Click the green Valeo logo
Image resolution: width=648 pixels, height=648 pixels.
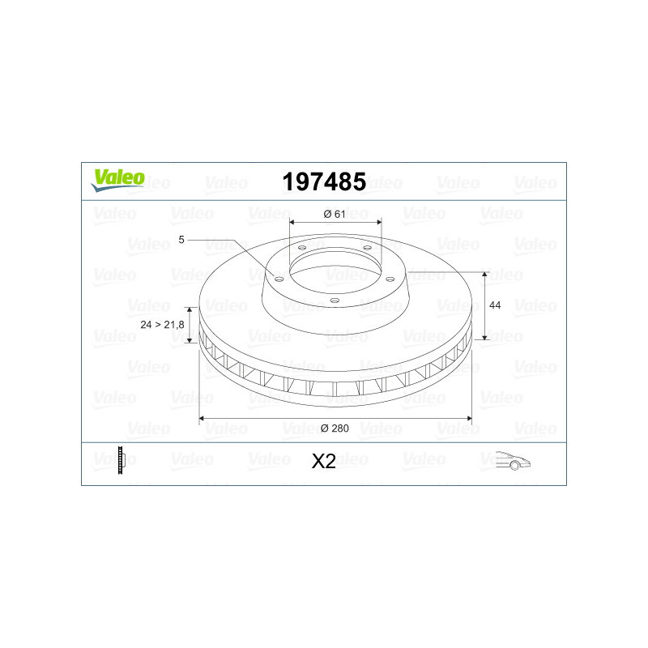tap(117, 180)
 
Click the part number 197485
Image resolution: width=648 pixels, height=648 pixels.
tap(324, 181)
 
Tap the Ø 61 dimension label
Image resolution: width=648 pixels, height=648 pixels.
tap(335, 214)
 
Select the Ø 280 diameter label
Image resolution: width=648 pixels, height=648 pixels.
tap(335, 428)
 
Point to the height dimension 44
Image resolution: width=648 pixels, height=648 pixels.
tap(495, 305)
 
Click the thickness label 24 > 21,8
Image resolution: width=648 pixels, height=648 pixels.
tap(162, 325)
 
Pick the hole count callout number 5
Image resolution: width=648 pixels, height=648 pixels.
tap(181, 240)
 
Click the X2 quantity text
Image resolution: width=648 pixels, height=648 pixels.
tap(323, 461)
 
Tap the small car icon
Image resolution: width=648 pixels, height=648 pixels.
tap(513, 460)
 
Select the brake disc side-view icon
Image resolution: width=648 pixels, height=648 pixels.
tap(121, 460)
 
